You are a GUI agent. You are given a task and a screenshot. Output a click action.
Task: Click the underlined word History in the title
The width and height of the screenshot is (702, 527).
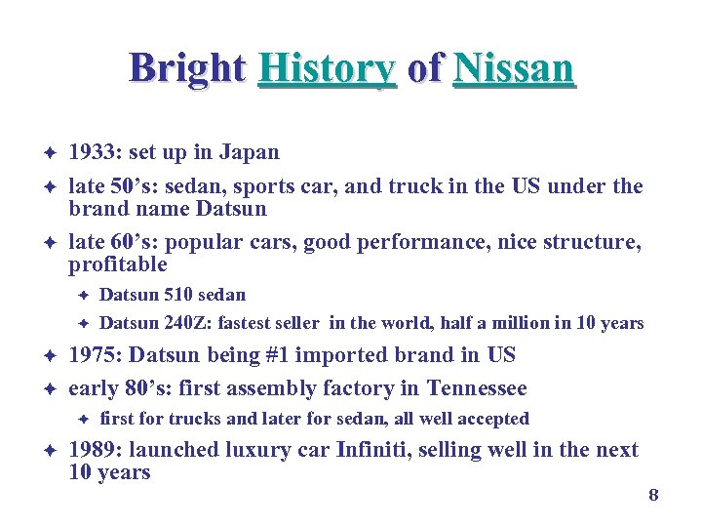pos(327,68)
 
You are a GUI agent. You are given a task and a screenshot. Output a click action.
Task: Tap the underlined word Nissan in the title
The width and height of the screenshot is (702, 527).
pos(514,68)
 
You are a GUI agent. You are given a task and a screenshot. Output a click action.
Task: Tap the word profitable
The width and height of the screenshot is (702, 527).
pos(118,264)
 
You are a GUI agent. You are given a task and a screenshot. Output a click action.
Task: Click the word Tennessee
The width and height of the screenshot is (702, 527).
pos(477,388)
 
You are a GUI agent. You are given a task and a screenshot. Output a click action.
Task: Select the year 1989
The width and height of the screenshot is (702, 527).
pos(94,450)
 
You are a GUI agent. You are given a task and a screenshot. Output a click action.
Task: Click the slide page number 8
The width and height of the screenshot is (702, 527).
pos(653,496)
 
